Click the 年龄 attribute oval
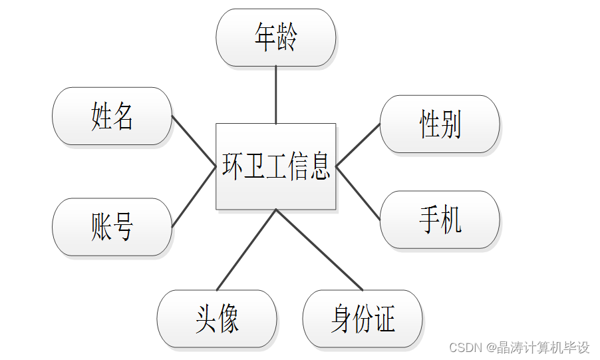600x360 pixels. (x=275, y=38)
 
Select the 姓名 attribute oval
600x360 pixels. (x=112, y=116)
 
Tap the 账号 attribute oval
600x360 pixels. (x=112, y=227)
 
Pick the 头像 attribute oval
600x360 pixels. (x=217, y=319)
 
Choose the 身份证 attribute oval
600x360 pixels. (x=363, y=319)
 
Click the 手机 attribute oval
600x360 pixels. (x=440, y=220)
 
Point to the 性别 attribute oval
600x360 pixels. (x=440, y=124)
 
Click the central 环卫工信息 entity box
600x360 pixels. (x=275, y=166)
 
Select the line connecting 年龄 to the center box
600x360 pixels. (x=275, y=95)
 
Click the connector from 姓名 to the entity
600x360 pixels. (x=194, y=142)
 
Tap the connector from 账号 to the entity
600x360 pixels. (x=194, y=197)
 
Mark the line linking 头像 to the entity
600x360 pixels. (x=246, y=250)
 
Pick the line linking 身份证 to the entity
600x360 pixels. (x=319, y=250)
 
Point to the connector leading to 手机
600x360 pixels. (x=358, y=193)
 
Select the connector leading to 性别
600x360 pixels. (x=358, y=145)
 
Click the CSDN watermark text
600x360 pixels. (x=519, y=347)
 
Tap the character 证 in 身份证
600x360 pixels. (x=384, y=319)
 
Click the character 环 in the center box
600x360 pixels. (x=233, y=166)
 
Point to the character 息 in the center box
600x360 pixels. (x=319, y=166)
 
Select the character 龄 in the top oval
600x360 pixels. (x=287, y=38)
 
